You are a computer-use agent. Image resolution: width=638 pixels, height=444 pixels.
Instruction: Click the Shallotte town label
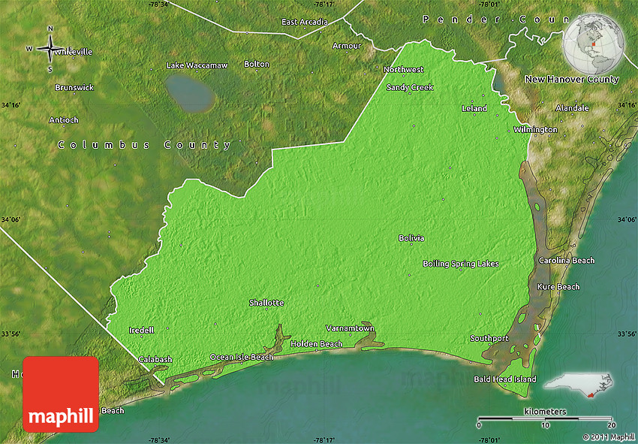tap(266, 303)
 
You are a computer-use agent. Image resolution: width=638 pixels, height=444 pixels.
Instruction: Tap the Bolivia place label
tap(411, 238)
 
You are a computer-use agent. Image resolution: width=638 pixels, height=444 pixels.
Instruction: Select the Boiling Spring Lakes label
tap(460, 264)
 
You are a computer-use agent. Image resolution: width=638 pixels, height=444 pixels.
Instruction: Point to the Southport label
tap(489, 338)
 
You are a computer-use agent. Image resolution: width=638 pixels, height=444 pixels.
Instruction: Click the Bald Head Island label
tap(504, 379)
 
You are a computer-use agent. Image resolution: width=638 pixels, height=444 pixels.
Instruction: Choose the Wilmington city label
tap(535, 130)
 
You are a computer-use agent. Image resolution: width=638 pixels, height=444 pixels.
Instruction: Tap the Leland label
tap(474, 109)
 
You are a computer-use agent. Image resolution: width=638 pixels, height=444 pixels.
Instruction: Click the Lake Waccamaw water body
tap(190, 92)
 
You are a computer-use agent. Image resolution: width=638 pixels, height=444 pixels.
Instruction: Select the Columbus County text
tap(145, 145)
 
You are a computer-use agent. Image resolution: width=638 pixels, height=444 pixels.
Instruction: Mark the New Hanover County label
tap(571, 79)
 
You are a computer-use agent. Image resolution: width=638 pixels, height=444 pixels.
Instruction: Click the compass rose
tap(50, 49)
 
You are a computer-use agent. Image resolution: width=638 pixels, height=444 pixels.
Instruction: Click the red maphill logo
tap(60, 394)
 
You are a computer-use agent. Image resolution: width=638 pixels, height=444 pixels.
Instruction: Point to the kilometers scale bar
tap(545, 418)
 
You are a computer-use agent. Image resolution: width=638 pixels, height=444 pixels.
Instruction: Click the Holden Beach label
tap(316, 344)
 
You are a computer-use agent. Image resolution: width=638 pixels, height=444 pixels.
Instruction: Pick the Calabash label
tap(155, 359)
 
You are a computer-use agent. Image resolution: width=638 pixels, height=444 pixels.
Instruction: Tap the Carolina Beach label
tap(566, 261)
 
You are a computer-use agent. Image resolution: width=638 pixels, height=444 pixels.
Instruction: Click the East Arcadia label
tap(304, 22)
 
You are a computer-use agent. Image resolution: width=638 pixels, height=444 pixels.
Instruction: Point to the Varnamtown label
tap(349, 328)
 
